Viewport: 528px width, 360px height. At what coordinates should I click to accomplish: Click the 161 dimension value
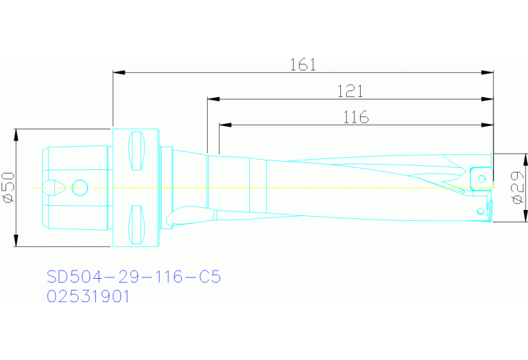pos(303,65)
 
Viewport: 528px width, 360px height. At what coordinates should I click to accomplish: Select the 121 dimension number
pos(350,91)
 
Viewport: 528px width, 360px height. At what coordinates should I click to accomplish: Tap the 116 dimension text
pos(356,117)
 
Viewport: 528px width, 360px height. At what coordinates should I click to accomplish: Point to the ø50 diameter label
pos(9,188)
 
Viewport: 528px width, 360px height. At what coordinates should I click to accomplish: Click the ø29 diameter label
pos(518,188)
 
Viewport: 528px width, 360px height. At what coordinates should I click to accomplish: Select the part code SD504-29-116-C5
pos(134,277)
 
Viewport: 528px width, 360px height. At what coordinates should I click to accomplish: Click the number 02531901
pos(87,297)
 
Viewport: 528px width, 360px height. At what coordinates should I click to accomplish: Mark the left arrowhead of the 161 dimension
pos(118,72)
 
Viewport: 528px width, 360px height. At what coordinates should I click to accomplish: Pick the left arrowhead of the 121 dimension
pos(213,99)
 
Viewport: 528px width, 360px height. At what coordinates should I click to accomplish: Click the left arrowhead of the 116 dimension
pos(224,125)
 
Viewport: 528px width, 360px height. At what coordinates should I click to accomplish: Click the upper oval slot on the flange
pos(137,150)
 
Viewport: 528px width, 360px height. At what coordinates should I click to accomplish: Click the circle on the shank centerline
pos(80,187)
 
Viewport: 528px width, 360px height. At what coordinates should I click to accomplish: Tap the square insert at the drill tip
pos(479,178)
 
